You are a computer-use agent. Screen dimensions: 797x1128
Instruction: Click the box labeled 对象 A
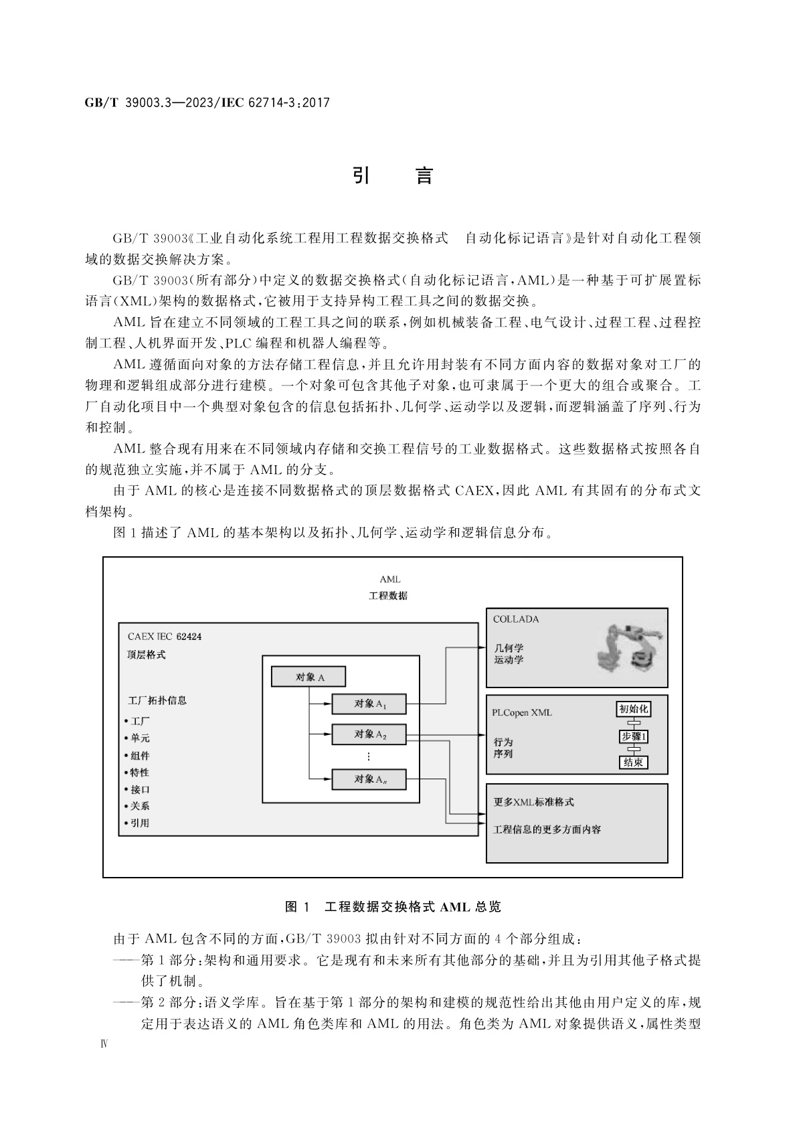click(x=308, y=677)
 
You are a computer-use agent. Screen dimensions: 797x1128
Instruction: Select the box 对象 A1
click(x=369, y=704)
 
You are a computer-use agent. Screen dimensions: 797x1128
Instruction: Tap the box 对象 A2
click(x=369, y=734)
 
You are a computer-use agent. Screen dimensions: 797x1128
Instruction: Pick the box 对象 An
click(x=369, y=779)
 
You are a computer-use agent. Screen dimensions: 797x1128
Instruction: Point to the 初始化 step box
click(x=632, y=709)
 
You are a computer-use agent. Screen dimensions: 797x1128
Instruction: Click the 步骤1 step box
click(x=633, y=736)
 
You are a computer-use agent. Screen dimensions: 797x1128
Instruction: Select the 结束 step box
click(x=632, y=762)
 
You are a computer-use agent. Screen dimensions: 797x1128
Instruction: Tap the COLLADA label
click(x=515, y=619)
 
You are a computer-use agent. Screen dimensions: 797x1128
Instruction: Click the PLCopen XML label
click(x=522, y=712)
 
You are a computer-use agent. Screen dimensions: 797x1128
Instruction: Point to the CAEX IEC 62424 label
click(x=164, y=637)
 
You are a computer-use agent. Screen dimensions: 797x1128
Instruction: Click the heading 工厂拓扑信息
click(x=157, y=700)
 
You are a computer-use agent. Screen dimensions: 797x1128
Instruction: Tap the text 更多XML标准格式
click(x=533, y=802)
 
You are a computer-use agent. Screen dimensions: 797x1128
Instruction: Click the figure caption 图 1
click(x=297, y=907)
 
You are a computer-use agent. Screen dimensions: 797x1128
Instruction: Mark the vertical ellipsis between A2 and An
click(x=369, y=756)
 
